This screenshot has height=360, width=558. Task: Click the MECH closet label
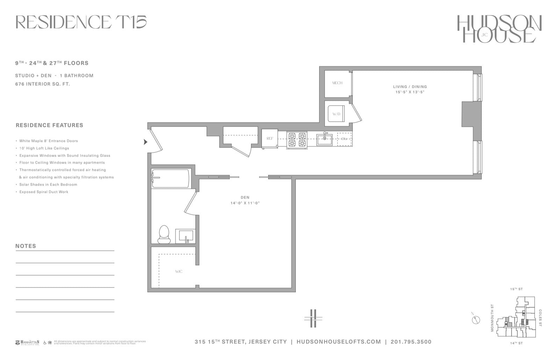[x=337, y=83]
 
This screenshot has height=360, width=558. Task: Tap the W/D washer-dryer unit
[x=336, y=114]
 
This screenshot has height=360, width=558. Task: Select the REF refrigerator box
[x=270, y=139]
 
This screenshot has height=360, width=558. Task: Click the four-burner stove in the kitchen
[x=297, y=139]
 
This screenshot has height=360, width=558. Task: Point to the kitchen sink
[x=325, y=139]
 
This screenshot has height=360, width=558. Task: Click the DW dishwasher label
[x=344, y=139]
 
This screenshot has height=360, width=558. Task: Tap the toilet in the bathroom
[x=164, y=235]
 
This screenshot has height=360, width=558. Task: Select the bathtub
[x=171, y=178]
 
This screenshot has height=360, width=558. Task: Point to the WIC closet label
[x=179, y=272]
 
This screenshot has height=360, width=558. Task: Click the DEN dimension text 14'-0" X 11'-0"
[x=245, y=203]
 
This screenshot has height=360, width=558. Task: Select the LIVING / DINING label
[x=410, y=87]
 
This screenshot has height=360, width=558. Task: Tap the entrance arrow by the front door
[x=145, y=142]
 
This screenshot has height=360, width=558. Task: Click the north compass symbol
[x=475, y=319]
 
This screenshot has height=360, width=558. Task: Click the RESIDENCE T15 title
[x=81, y=22]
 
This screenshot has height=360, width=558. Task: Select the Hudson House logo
[x=499, y=29]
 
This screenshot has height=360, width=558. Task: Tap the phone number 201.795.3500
[x=411, y=342]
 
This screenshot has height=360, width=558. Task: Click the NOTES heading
[x=26, y=246]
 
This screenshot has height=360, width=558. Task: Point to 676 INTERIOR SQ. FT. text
[x=42, y=84]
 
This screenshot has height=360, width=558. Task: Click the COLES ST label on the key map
[x=540, y=318]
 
